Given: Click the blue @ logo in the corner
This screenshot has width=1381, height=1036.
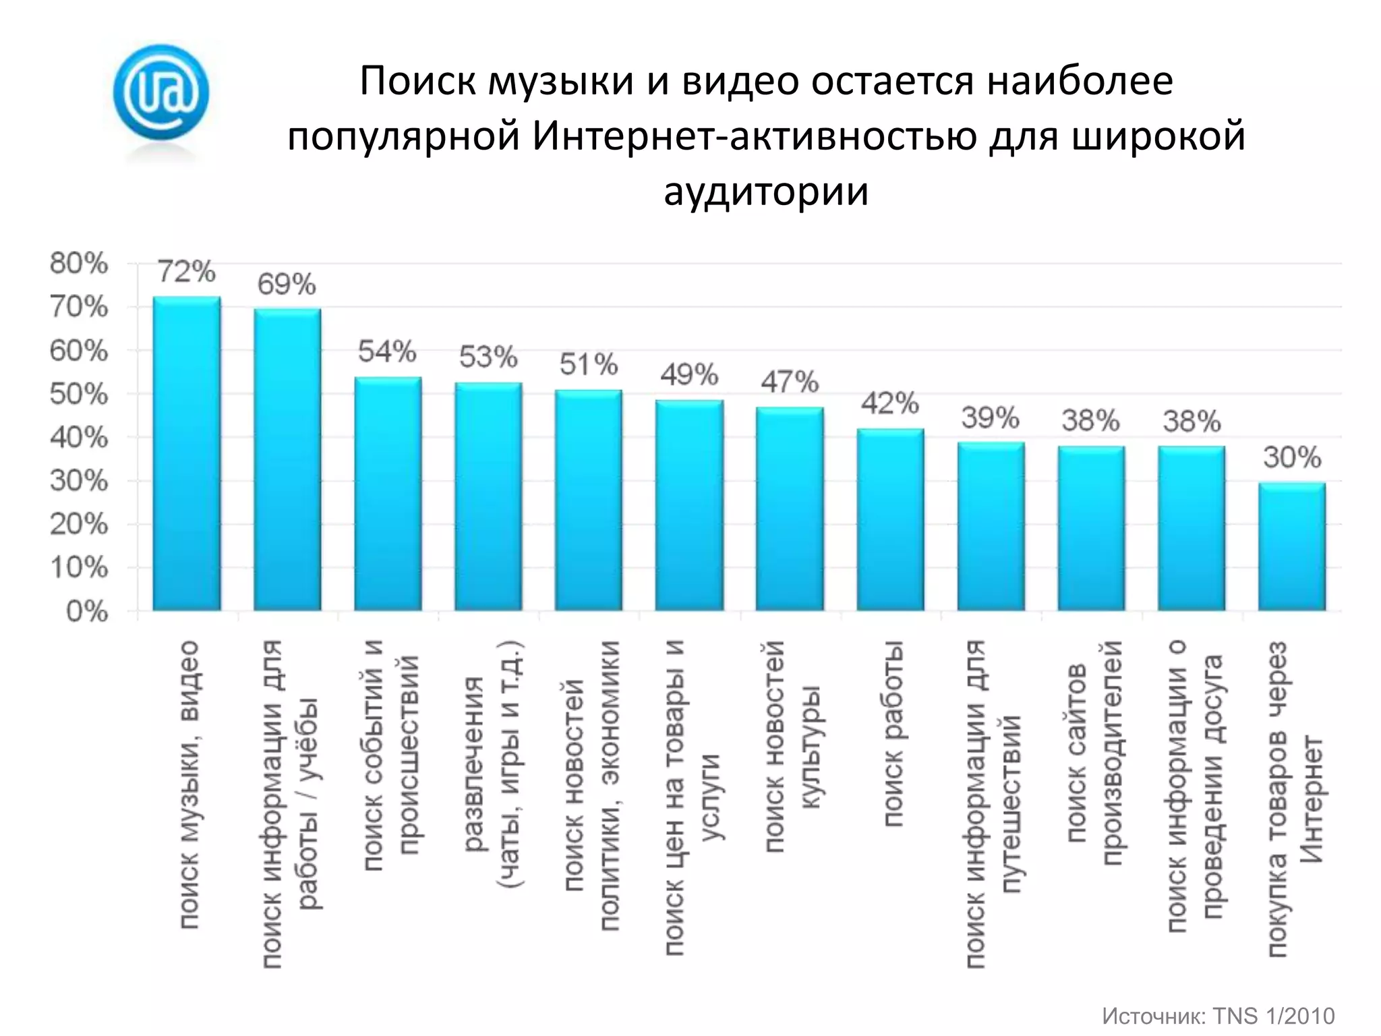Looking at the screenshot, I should tap(160, 92).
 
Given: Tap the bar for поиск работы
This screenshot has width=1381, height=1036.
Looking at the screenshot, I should tap(890, 520).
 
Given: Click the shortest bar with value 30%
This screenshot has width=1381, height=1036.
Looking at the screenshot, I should tap(1292, 547).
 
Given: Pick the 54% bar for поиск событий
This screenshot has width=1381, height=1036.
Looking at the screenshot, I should tap(388, 494).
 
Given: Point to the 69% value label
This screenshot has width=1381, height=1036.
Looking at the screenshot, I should tap(287, 285).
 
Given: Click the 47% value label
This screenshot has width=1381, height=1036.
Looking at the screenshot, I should tap(790, 382).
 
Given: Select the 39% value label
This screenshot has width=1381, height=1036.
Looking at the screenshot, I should tap(990, 418).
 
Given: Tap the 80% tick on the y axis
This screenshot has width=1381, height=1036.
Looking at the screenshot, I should tap(79, 264).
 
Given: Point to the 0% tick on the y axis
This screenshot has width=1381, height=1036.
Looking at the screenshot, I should tap(87, 612).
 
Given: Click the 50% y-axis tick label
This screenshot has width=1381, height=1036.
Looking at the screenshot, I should tap(79, 395).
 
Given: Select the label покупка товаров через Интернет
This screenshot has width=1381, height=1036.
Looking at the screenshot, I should tap(1295, 799).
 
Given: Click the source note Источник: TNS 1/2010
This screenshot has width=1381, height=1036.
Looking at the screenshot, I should tap(1218, 1016).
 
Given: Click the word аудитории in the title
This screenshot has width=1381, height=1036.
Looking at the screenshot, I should tap(766, 191).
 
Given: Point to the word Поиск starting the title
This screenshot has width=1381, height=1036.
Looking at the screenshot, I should tap(418, 81).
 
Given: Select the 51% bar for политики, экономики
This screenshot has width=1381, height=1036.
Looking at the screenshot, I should tap(589, 500).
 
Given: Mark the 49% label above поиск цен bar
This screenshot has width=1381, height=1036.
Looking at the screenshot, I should tap(689, 374).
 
